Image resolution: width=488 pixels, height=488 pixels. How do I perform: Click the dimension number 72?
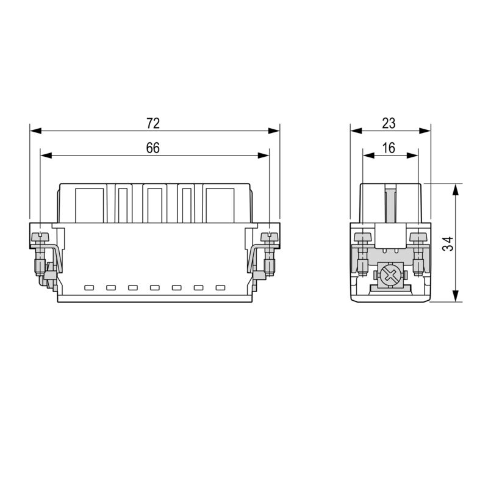153,123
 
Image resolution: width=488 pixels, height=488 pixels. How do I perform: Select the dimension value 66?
153,148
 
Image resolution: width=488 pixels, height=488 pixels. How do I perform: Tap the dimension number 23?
389,123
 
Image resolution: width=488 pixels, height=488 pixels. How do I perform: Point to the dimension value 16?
389,148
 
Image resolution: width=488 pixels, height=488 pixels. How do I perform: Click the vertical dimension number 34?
448,243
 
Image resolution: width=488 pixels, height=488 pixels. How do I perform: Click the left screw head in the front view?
41,236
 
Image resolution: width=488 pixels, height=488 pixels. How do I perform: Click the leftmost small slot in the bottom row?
89,287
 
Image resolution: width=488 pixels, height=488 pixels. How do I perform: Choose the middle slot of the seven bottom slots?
155,287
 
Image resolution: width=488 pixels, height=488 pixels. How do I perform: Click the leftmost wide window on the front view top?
89,205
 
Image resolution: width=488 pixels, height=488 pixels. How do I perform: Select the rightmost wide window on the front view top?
220,205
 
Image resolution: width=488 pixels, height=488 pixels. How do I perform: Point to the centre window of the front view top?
154,205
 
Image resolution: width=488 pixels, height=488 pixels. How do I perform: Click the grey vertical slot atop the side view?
390,204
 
